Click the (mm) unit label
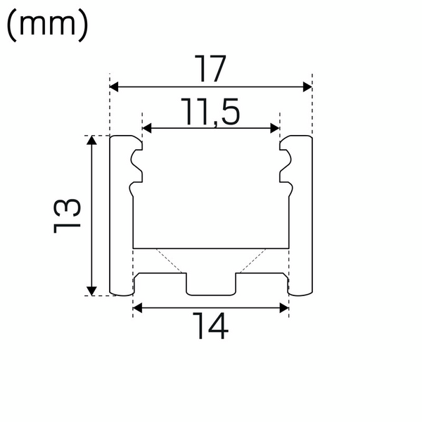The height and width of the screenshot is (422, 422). click(47, 26)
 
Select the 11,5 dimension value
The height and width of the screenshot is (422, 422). click(210, 112)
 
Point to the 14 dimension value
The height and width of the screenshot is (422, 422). click(210, 326)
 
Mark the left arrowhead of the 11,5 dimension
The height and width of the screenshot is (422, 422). click(148, 128)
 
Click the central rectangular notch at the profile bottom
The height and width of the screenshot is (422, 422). click(210, 285)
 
